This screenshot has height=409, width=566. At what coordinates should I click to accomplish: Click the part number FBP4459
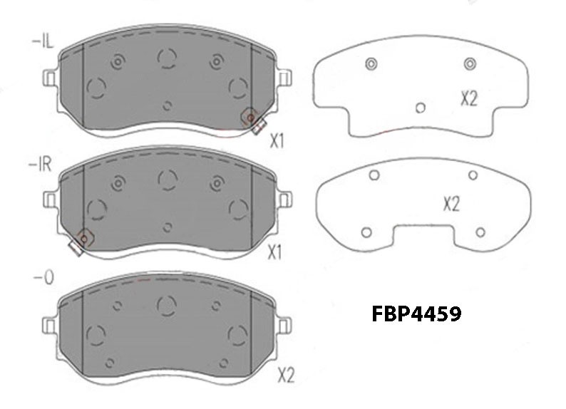pyautogui.click(x=416, y=314)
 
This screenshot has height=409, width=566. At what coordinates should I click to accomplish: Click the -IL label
pyautogui.click(x=43, y=41)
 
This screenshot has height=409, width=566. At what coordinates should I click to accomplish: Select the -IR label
pyautogui.click(x=41, y=165)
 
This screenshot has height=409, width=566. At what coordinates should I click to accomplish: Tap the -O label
pyautogui.click(x=43, y=278)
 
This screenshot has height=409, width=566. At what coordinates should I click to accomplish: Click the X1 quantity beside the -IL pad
pyautogui.click(x=277, y=141)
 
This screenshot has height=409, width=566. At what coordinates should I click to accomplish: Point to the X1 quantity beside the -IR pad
pyautogui.click(x=274, y=252)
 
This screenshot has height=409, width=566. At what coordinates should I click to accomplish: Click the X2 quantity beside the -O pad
pyautogui.click(x=287, y=376)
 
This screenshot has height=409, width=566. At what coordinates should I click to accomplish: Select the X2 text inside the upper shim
pyautogui.click(x=469, y=98)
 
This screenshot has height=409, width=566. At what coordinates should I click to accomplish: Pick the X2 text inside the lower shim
pyautogui.click(x=451, y=204)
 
